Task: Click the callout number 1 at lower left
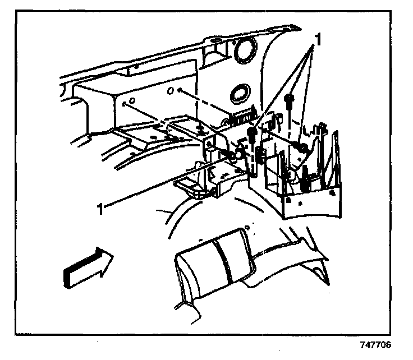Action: coord(102,209)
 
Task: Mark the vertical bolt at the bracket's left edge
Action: coord(253,135)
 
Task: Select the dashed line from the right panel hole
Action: coord(213,107)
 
